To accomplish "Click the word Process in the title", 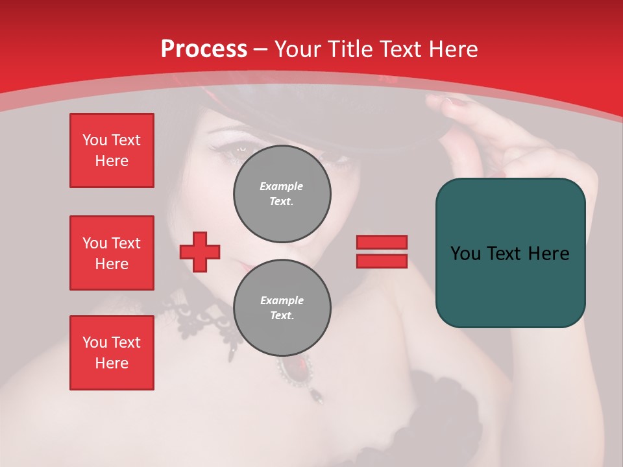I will coord(204,49).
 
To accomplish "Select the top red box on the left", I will coord(112,150).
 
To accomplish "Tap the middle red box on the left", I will coord(112,253).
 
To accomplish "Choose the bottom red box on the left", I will coord(112,353).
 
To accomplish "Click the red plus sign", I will coord(200,252).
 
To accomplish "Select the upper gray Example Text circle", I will coord(282,194).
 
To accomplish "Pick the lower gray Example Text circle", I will coord(282,308).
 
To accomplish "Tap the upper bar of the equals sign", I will coord(382,242).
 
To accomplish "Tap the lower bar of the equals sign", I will coord(382,261).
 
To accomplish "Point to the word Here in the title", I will coord(452,49).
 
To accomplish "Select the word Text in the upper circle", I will coord(282,202).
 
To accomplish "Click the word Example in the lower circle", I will coord(282,300).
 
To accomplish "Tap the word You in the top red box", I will coord(95,140).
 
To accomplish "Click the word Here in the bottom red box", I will coord(112,363).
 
